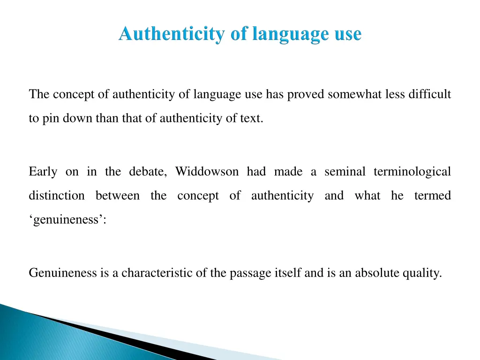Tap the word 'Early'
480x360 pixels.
(x=43, y=172)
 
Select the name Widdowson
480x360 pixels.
(x=206, y=172)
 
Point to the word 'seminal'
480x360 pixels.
(x=345, y=172)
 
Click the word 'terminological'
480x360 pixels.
(x=412, y=172)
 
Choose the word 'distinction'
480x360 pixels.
(x=57, y=195)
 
